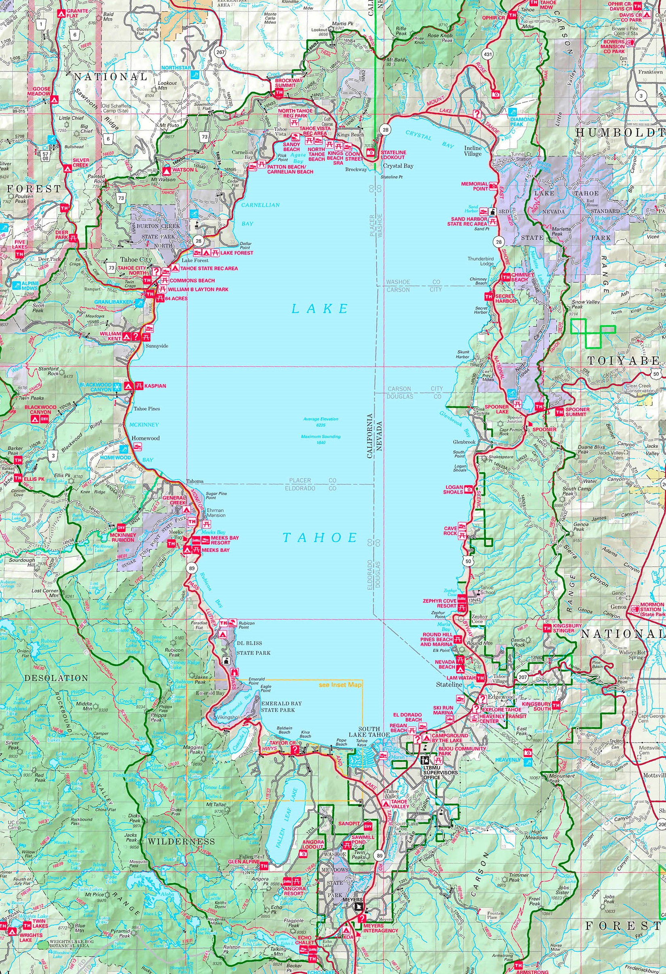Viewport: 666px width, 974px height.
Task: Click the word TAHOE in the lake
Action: coord(320,537)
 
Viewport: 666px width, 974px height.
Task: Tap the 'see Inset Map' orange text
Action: coord(340,685)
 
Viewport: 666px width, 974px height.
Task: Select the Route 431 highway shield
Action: coord(487,54)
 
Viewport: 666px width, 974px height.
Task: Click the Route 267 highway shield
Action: coord(221,53)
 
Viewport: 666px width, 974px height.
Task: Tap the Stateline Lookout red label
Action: coord(393,155)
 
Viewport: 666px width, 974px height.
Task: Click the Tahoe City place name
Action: coord(136,259)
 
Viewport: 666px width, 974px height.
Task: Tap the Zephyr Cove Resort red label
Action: coord(439,603)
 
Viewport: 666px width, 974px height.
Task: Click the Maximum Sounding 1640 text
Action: coord(320,439)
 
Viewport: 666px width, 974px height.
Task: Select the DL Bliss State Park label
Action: coord(253,648)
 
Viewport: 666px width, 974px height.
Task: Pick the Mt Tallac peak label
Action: coord(215,804)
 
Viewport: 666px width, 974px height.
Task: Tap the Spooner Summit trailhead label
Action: coord(577,412)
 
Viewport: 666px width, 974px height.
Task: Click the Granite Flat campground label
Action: coord(78,13)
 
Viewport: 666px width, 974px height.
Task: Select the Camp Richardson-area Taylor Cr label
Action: coord(279,743)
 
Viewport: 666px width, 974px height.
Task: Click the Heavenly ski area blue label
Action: coord(508,759)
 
